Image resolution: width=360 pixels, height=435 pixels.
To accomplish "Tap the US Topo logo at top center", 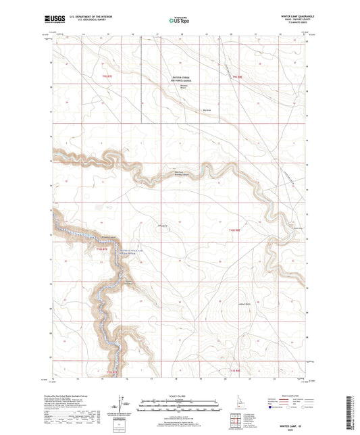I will pos(178,20).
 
